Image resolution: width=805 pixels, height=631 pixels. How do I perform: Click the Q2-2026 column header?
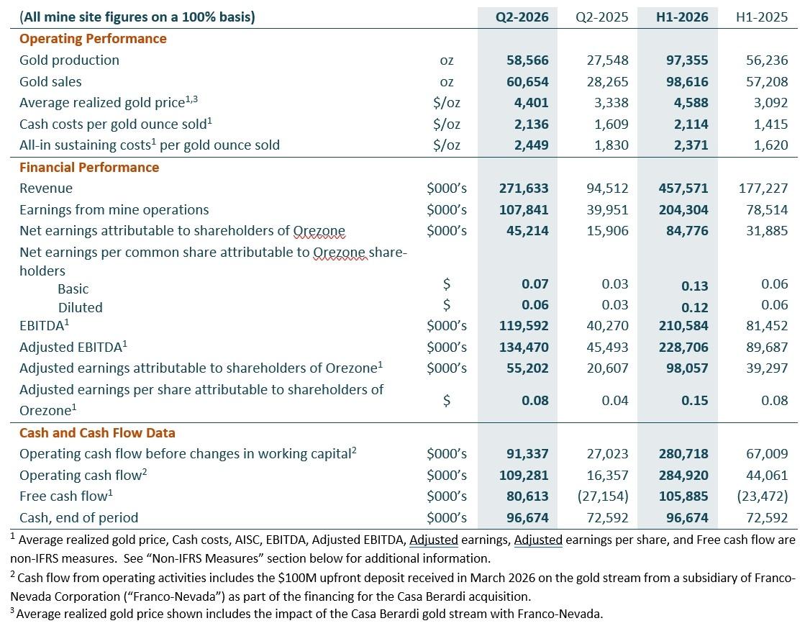(522, 17)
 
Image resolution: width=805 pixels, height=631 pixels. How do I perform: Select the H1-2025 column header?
(762, 17)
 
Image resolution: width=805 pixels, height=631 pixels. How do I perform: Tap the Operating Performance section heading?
(93, 39)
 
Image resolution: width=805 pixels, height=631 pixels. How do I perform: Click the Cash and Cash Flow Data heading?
(98, 433)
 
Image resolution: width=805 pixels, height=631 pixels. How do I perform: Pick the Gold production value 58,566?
(527, 60)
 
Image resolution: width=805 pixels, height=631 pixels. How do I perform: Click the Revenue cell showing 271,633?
(524, 189)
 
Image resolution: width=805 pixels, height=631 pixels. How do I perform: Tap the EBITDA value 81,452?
(767, 325)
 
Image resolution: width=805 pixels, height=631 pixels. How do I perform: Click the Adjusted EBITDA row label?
(73, 347)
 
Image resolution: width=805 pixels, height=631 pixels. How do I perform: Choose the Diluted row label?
(80, 307)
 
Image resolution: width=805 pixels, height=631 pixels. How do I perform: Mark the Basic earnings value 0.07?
(535, 284)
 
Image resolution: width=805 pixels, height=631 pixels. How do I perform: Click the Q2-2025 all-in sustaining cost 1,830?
(611, 145)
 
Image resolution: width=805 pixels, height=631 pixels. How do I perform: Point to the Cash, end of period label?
(79, 517)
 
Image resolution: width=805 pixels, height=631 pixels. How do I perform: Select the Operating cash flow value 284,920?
(683, 476)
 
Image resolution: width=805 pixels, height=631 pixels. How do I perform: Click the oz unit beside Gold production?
(447, 60)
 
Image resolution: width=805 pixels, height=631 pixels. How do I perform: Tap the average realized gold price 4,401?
(532, 103)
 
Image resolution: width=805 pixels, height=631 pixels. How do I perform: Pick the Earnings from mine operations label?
(114, 209)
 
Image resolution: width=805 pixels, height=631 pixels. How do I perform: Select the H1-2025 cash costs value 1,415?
(770, 124)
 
